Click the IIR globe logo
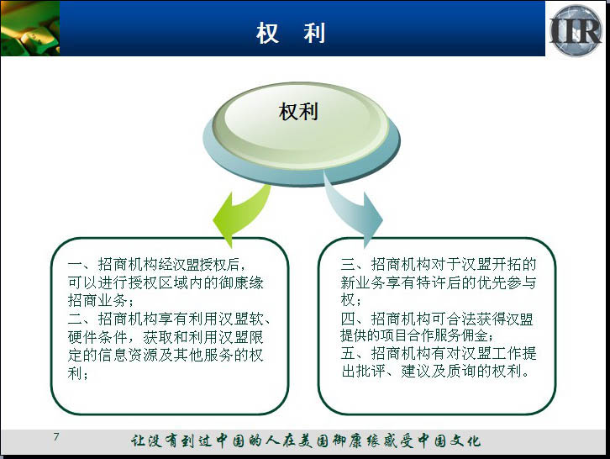click(576, 30)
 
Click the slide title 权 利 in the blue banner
click(291, 33)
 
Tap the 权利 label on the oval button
click(298, 112)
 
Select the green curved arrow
click(241, 215)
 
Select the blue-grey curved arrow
click(352, 210)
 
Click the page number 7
click(56, 436)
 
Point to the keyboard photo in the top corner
click(30, 28)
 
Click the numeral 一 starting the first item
click(75, 265)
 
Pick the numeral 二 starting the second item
click(75, 319)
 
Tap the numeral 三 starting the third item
click(348, 265)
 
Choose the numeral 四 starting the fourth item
click(348, 319)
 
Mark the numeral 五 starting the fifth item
click(348, 353)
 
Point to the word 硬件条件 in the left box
click(97, 337)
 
